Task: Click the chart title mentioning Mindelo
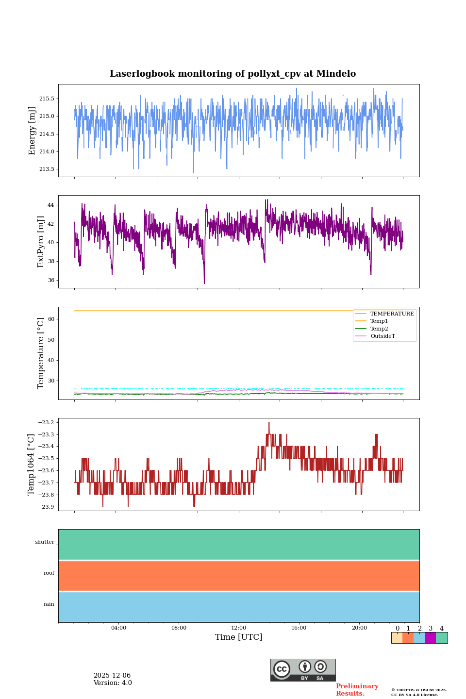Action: click(233, 74)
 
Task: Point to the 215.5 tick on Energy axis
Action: click(47, 99)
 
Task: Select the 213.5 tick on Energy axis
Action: click(47, 169)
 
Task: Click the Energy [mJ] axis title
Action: click(33, 131)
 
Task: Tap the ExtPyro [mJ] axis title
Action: click(41, 242)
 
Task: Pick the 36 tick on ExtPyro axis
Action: click(51, 281)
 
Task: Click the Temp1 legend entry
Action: click(379, 321)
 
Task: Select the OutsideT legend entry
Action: click(383, 336)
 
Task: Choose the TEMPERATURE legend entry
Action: click(392, 314)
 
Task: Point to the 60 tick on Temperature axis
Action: click(51, 319)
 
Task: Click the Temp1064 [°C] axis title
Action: click(32, 465)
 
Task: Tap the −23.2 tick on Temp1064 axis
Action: click(47, 423)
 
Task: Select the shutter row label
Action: click(45, 542)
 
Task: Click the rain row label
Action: click(49, 604)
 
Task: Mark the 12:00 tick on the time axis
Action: click(239, 628)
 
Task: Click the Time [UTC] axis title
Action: click(239, 637)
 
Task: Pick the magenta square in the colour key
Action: click(430, 638)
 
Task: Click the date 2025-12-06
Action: click(112, 676)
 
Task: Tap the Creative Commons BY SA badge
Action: click(303, 670)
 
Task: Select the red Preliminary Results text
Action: click(357, 690)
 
